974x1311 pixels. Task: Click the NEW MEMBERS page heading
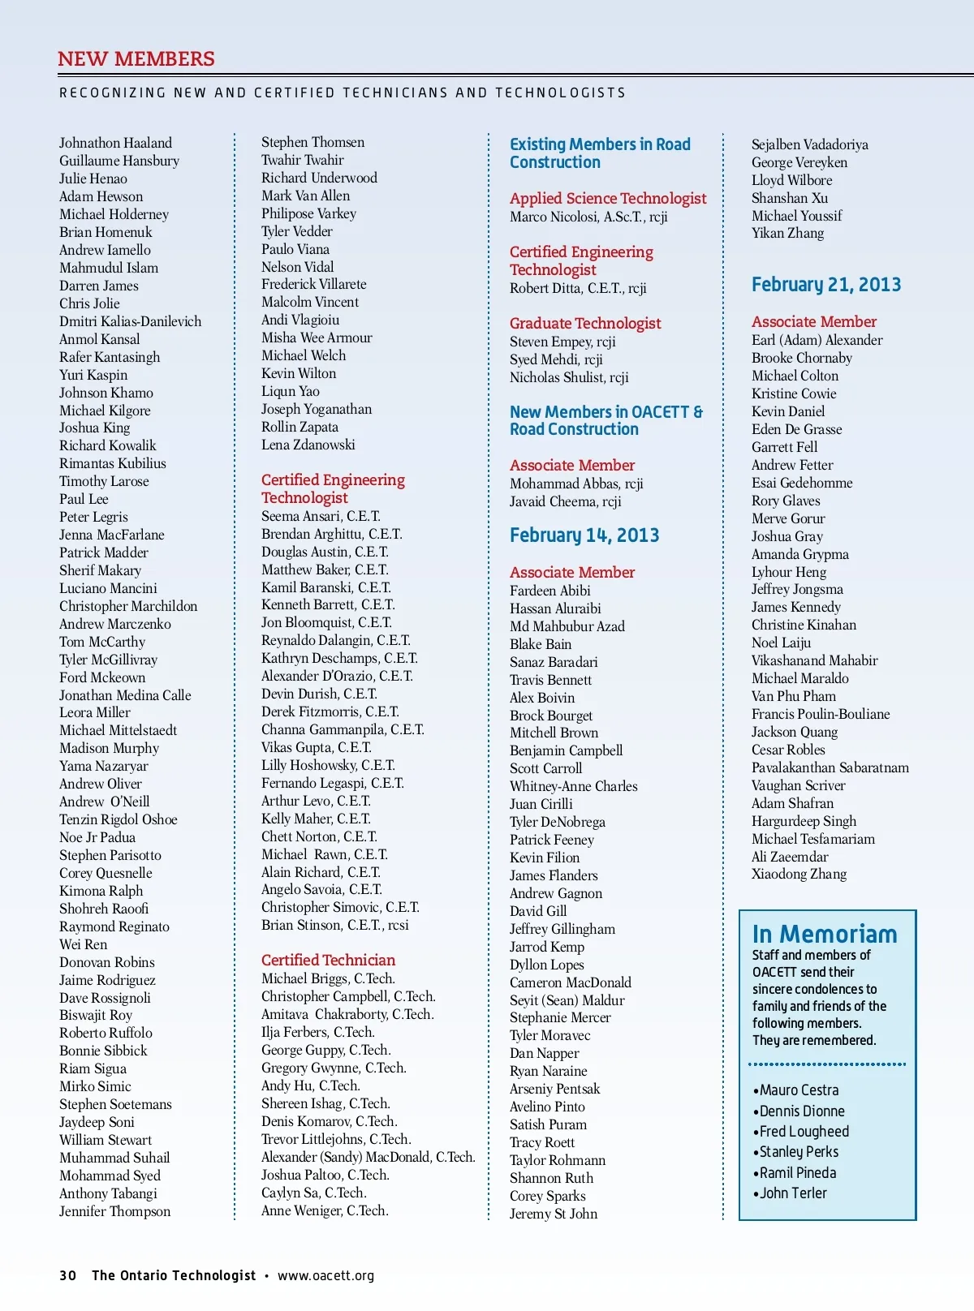(136, 59)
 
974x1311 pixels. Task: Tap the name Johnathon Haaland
(115, 143)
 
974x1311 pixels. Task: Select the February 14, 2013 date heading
(584, 535)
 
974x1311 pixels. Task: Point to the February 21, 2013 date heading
(826, 285)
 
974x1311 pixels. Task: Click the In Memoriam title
(825, 935)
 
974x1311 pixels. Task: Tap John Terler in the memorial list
(793, 1193)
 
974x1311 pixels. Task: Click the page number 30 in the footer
(68, 1275)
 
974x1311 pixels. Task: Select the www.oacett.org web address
(325, 1275)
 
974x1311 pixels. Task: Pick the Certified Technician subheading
(328, 960)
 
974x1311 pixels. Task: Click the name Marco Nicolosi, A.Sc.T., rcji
(588, 217)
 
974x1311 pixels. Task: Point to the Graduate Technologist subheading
(585, 323)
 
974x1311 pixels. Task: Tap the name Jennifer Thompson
(114, 1211)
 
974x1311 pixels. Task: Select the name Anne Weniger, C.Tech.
(325, 1210)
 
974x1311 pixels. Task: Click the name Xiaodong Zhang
(799, 874)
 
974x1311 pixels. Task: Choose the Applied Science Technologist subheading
(608, 198)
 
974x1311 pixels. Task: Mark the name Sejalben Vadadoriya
(809, 144)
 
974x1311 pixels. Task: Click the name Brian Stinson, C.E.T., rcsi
(335, 925)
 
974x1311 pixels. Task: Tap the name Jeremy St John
(554, 1214)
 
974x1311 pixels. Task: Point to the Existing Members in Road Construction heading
(600, 153)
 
